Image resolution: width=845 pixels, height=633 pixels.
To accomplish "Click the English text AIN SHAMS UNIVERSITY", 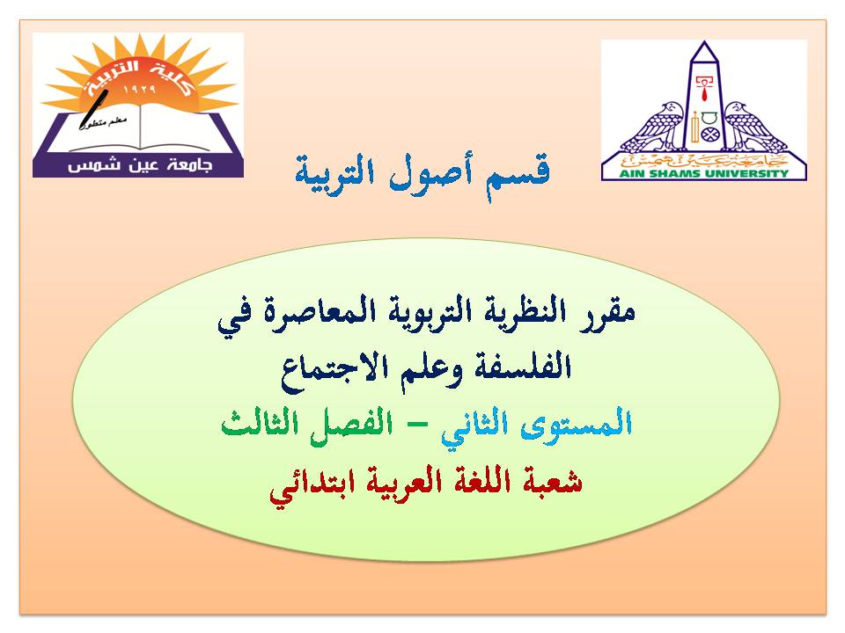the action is [704, 173].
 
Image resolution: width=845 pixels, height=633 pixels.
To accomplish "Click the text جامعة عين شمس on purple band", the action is [140, 166].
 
